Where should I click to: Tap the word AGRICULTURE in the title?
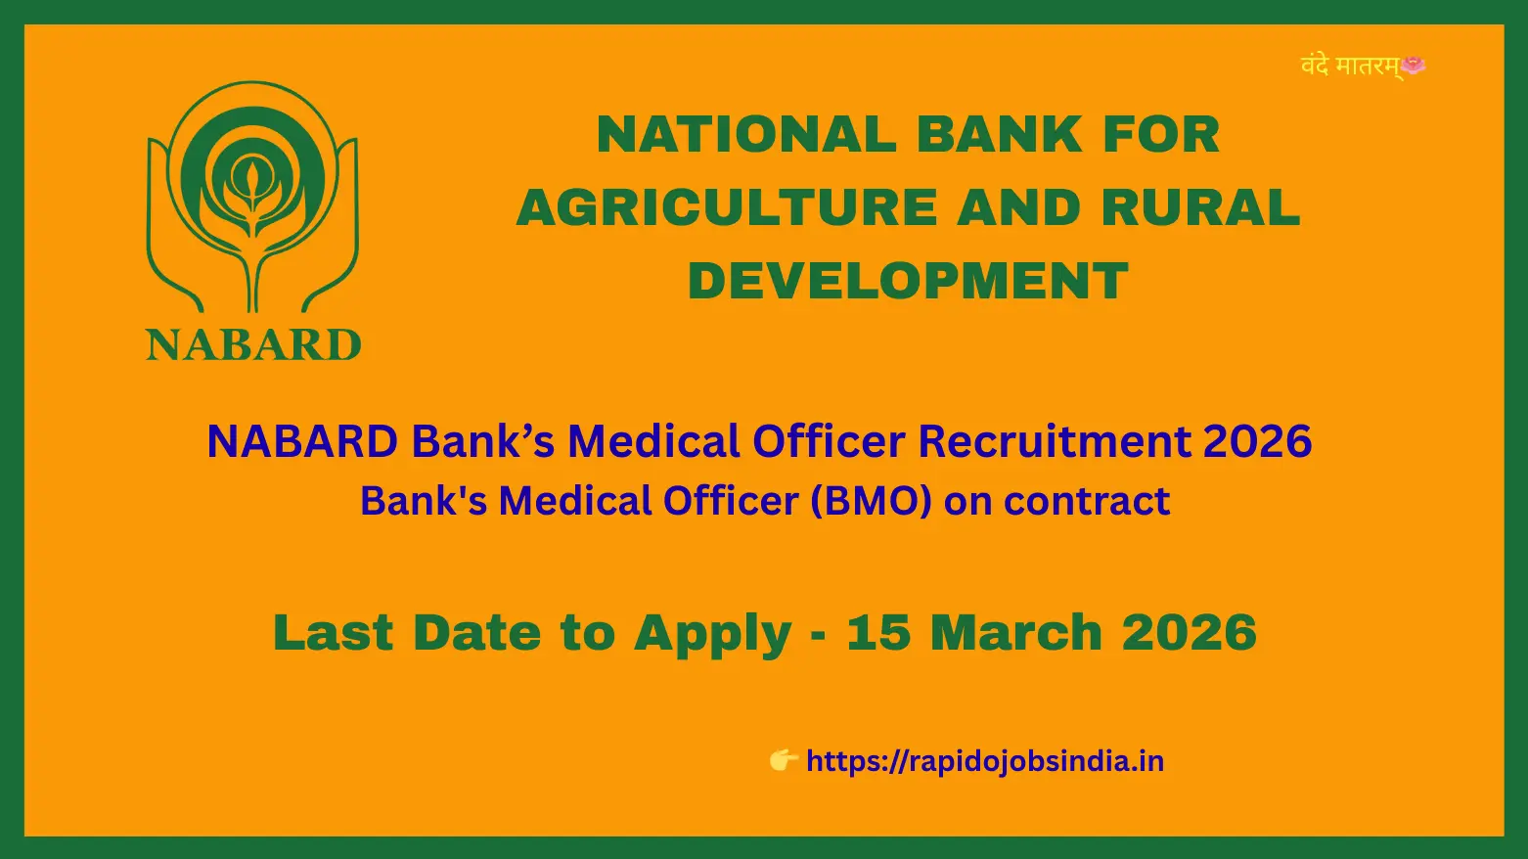(727, 207)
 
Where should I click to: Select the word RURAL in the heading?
(1200, 207)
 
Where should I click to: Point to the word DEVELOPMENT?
(908, 281)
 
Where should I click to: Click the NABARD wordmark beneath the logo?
(253, 344)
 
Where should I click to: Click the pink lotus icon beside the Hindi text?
(1413, 66)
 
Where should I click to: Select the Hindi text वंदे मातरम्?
(1350, 67)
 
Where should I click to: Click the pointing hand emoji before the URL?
(784, 759)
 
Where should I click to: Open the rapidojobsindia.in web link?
(985, 761)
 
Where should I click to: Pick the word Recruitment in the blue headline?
(1055, 441)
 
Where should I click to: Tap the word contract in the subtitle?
(1088, 502)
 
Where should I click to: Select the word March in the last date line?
(1016, 632)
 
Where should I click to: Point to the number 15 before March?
(878, 632)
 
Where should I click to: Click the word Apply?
(713, 635)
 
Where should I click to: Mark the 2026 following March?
(1189, 632)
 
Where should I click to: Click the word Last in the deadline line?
(333, 632)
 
